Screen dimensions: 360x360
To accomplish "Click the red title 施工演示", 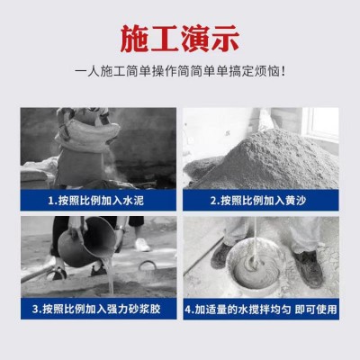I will pyautogui.click(x=180, y=40).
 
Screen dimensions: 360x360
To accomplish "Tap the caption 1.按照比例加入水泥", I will pyautogui.click(x=94, y=200).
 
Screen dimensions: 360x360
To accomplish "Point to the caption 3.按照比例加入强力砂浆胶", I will pyautogui.click(x=94, y=309).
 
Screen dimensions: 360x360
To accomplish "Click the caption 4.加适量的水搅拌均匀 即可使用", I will pyautogui.click(x=262, y=309).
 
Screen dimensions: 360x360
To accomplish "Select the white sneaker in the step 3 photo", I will pyautogui.click(x=140, y=244).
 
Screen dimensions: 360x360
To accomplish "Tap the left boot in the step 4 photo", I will pyautogui.click(x=221, y=256).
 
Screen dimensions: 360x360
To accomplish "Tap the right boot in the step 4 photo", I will pyautogui.click(x=309, y=266).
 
